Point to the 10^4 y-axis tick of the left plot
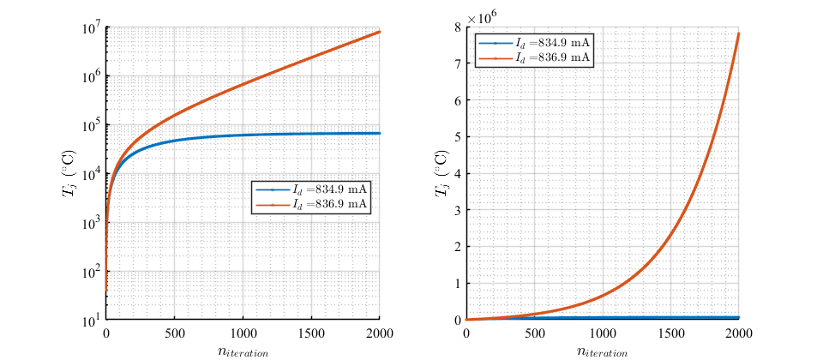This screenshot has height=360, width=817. coord(90,173)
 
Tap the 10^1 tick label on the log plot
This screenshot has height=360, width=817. coord(90,321)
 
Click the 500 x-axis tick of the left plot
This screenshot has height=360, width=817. coord(174,333)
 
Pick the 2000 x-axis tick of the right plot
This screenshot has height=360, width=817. coord(739,333)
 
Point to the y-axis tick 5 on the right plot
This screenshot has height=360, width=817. coord(457,136)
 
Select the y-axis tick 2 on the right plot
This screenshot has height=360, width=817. coord(457,247)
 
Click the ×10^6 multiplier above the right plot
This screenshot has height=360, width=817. coord(483,15)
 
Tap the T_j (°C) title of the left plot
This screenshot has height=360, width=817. coord(69,173)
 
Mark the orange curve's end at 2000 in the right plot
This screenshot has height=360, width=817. coord(739,33)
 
